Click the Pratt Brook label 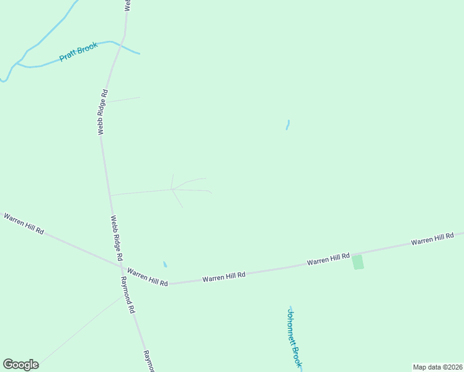coord(79,51)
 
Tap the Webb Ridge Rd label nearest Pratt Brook coord(103,112)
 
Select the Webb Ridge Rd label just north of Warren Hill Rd coord(117,237)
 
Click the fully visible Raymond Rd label coord(127,294)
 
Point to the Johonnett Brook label coord(294,337)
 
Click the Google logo coord(20,365)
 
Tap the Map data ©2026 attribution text coord(437,367)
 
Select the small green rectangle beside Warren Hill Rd coord(358,262)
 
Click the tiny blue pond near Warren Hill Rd coord(164,264)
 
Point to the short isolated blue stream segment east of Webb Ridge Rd coord(287,125)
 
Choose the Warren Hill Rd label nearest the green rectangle coord(329,259)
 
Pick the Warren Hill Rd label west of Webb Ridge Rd coord(24,223)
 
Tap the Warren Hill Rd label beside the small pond coord(148,277)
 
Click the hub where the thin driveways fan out coord(172,190)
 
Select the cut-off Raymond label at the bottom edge coord(148,361)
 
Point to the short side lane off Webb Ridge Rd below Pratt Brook coord(123,99)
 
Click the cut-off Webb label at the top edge coord(127,5)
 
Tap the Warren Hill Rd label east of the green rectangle coord(433,239)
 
